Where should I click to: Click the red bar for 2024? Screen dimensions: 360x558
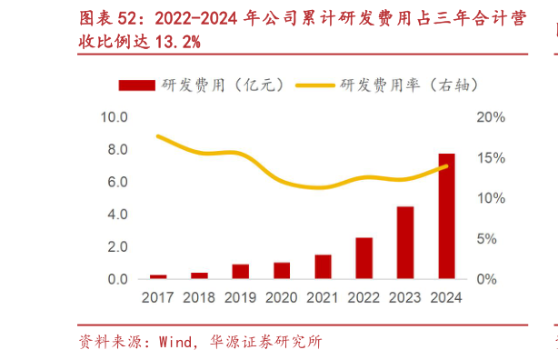(447, 216)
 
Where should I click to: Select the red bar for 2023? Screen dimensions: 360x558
(405, 243)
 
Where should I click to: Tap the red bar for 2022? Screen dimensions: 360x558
(364, 258)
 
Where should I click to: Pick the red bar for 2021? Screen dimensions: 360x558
(323, 266)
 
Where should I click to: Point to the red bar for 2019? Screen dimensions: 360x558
(240, 271)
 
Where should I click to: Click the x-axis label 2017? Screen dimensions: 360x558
(158, 297)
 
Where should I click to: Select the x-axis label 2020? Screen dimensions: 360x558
(282, 297)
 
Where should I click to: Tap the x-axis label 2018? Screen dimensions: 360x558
(199, 297)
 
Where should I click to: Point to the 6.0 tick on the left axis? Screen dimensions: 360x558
(116, 182)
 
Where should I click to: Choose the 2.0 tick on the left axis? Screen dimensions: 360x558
(116, 247)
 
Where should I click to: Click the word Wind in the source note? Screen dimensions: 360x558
(175, 343)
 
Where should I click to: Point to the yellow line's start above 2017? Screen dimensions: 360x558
(158, 136)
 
